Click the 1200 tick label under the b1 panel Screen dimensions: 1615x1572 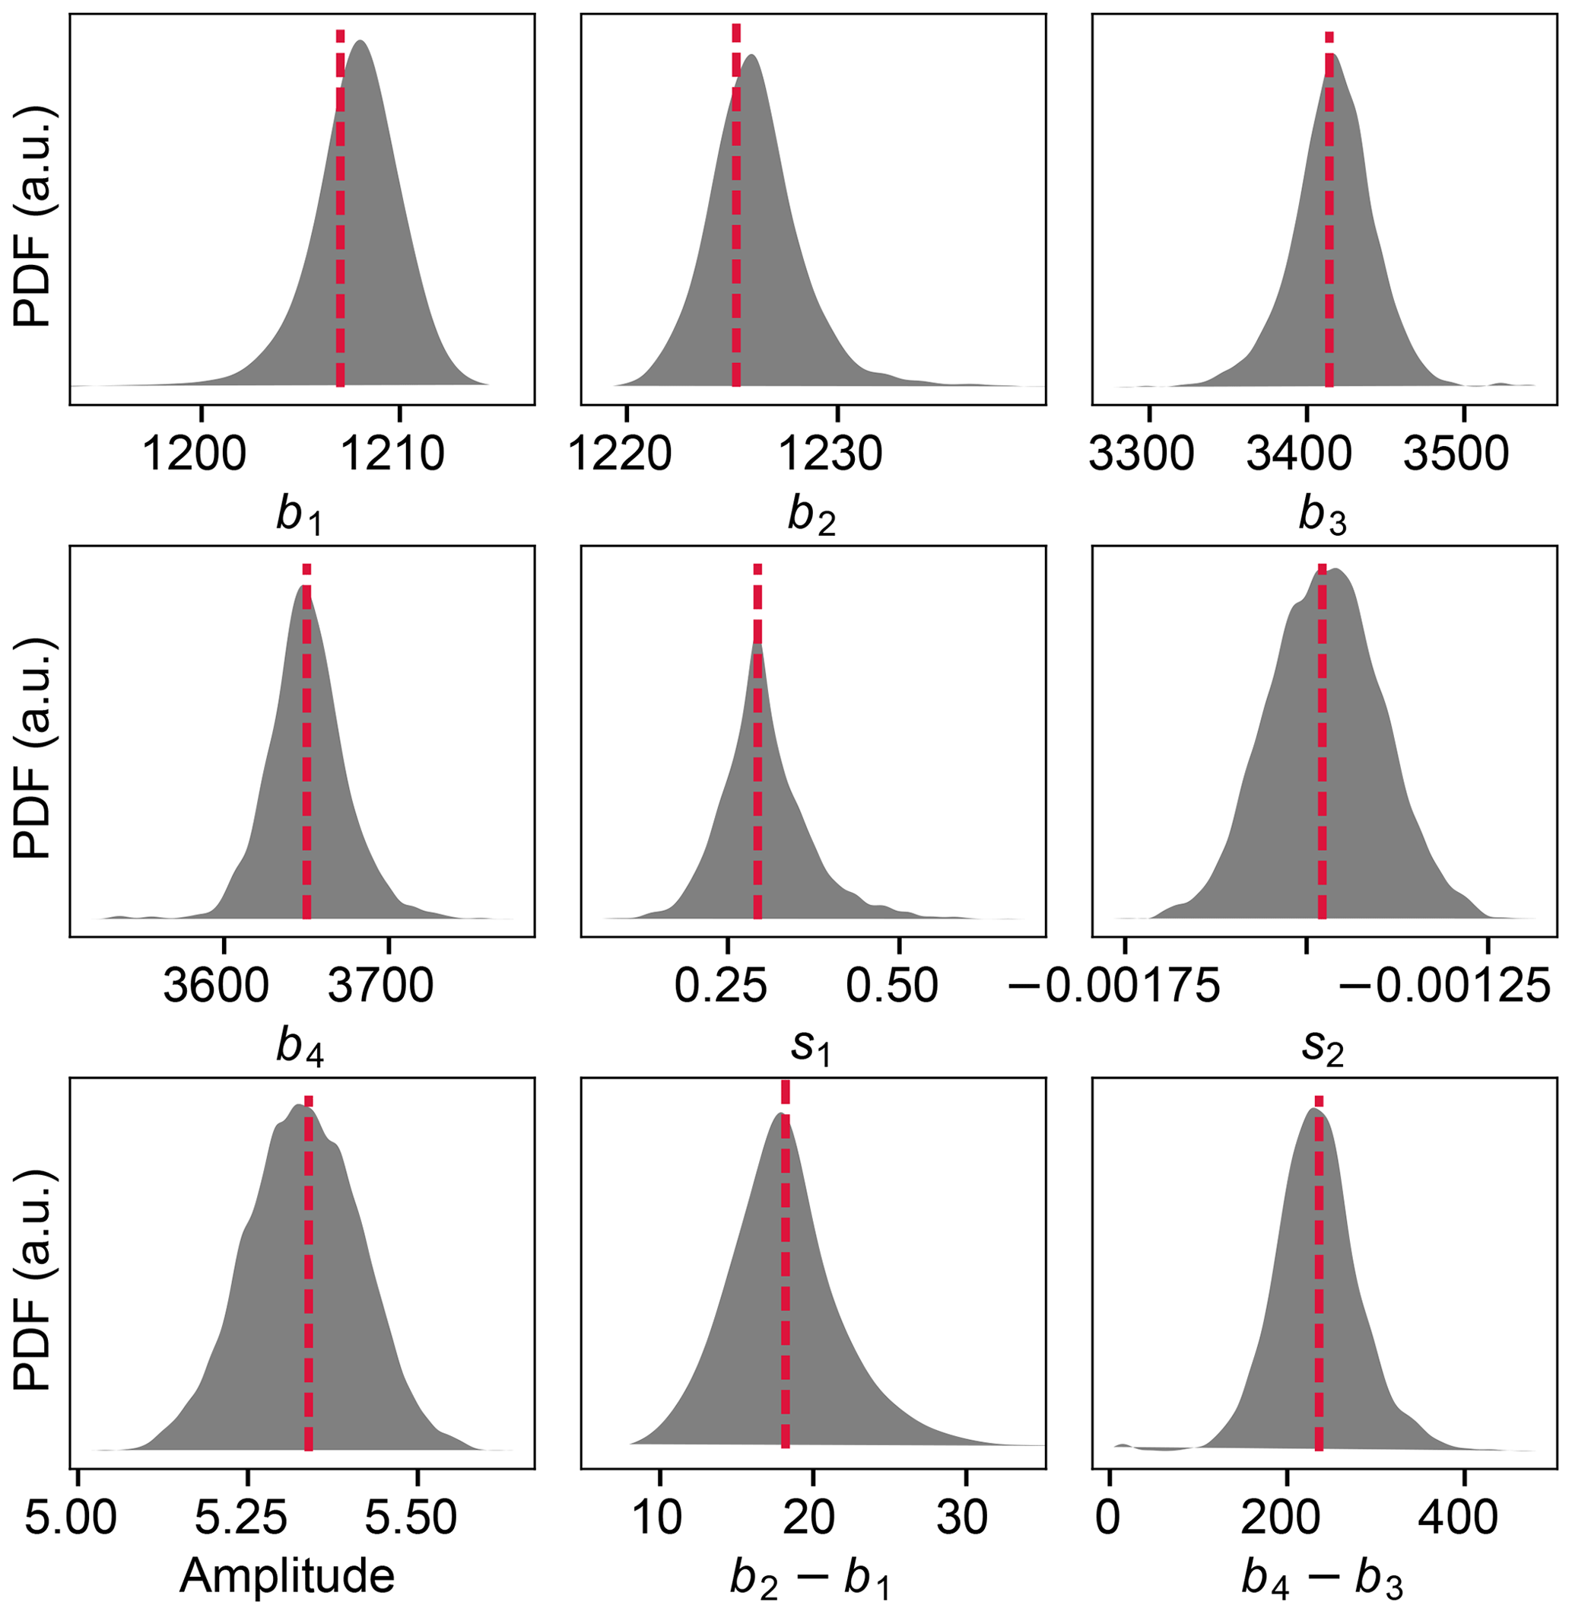[195, 454]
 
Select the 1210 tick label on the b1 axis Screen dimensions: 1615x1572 [393, 454]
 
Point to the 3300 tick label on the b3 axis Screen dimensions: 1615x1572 [1141, 454]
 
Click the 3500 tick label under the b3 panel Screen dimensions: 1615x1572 [1456, 454]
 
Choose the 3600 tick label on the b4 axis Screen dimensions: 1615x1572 [216, 986]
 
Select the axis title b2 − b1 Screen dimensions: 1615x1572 [809, 1578]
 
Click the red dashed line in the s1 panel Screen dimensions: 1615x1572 [757, 744]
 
